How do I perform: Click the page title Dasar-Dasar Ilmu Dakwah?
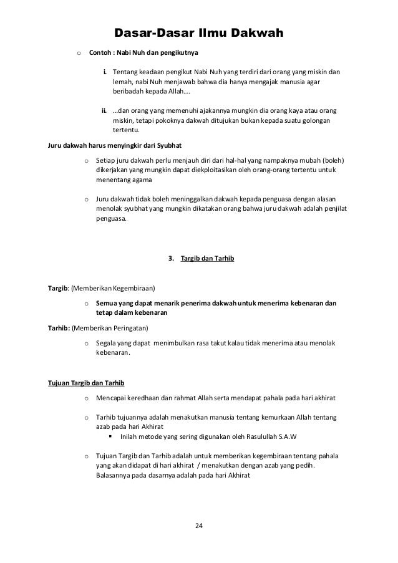click(x=199, y=32)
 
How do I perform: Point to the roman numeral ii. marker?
click(x=104, y=110)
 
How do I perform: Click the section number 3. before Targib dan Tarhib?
click(x=172, y=257)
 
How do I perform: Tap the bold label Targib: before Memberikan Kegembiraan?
click(x=59, y=289)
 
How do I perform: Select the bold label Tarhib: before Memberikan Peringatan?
click(x=59, y=328)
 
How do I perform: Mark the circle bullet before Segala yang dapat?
click(x=85, y=344)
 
